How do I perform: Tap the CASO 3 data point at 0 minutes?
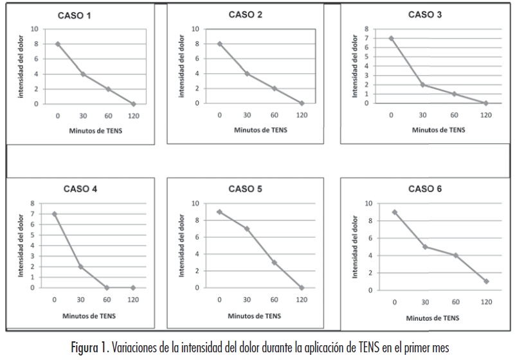(x=391, y=38)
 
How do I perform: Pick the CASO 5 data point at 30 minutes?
(x=246, y=228)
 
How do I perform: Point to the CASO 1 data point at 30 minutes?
(x=83, y=74)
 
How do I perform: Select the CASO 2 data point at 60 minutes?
(x=274, y=88)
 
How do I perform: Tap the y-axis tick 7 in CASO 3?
(x=366, y=38)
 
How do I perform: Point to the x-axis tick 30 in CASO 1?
(x=83, y=116)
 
